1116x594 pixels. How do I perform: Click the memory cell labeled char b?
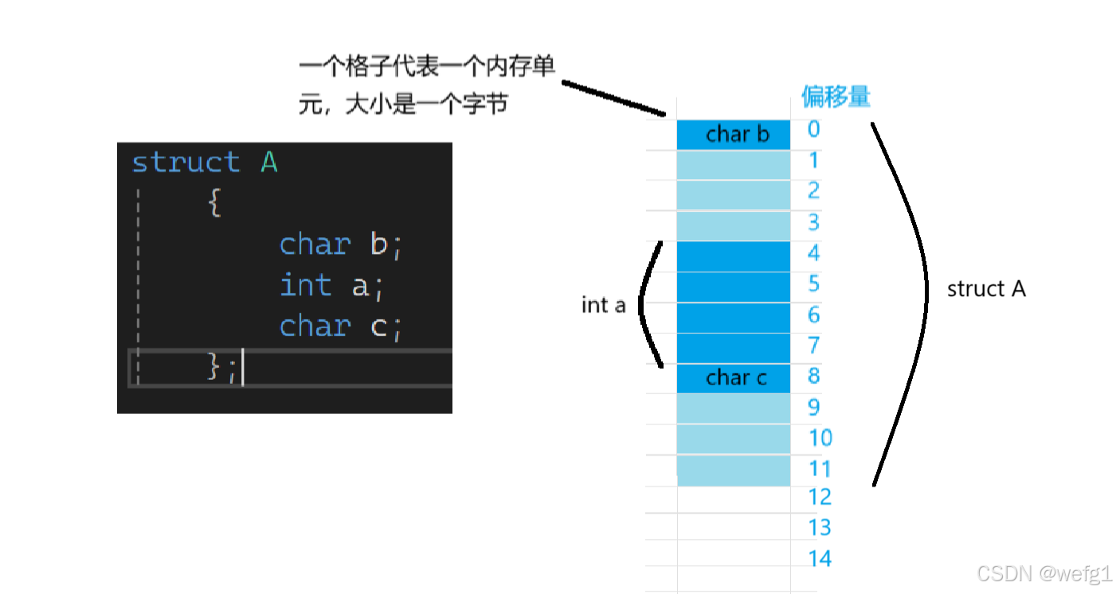733,135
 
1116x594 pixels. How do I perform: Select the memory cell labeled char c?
733,377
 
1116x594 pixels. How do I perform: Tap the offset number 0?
813,129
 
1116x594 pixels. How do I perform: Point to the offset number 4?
813,253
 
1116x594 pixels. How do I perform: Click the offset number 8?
813,376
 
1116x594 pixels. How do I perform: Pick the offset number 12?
820,497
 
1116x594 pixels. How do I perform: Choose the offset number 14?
820,558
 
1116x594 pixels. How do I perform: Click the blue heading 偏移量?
836,97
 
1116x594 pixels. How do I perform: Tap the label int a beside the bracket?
604,305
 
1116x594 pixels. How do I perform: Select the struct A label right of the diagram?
986,289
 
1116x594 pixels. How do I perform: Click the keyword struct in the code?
186,162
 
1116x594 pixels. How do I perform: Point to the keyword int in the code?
306,285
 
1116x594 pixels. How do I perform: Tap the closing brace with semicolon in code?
221,367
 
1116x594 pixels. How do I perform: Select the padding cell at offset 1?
733,165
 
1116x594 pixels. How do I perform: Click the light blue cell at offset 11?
733,471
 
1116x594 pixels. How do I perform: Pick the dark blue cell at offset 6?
733,318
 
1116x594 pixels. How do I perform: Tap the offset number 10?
820,437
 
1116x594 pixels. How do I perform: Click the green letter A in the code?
269,162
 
